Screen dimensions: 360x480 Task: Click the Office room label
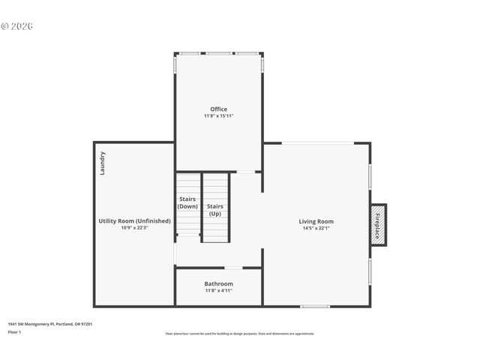click(218, 109)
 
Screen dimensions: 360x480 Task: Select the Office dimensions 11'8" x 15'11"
click(218, 116)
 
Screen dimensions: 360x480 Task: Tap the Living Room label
click(316, 221)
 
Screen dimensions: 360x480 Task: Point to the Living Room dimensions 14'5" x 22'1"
click(316, 228)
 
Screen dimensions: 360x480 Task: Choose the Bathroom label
click(218, 283)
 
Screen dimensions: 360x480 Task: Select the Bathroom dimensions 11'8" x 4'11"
click(218, 290)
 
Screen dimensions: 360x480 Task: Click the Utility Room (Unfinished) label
click(135, 221)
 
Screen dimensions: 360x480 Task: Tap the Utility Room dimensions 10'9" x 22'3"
click(135, 228)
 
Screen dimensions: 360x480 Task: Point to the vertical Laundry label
click(103, 163)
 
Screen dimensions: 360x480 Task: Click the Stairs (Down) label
click(187, 202)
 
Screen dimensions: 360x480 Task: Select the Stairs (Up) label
click(215, 209)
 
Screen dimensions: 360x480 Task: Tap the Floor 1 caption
click(15, 331)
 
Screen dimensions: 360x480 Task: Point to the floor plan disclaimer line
click(240, 334)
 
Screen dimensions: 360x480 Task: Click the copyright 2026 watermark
click(17, 26)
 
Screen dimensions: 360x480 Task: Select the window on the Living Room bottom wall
click(315, 306)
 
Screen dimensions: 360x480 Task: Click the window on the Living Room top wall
click(318, 143)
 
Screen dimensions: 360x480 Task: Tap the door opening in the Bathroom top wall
click(233, 268)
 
